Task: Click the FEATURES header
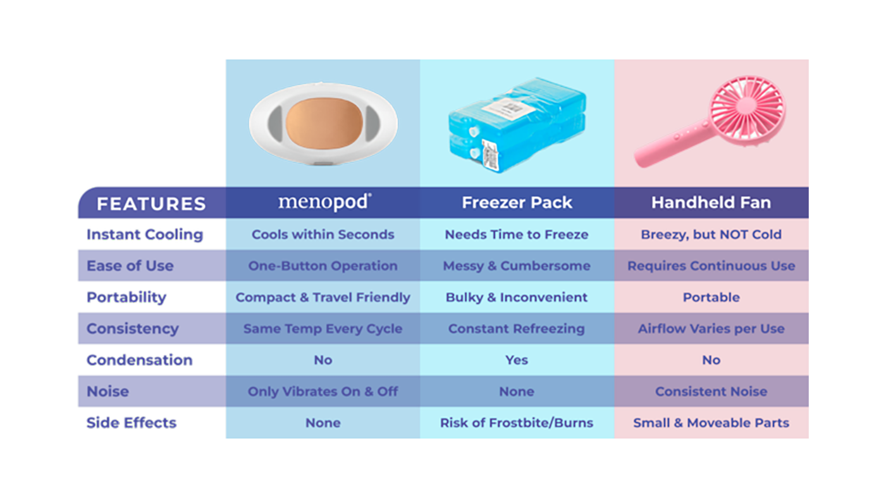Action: tap(151, 203)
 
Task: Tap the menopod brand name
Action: tap(324, 202)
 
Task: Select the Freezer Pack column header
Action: tap(517, 203)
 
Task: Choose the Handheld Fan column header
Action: tap(711, 203)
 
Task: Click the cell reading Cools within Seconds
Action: tap(323, 234)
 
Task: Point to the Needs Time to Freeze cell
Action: tap(517, 234)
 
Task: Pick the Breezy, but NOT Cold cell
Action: tap(711, 234)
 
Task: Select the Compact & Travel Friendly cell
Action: tap(323, 297)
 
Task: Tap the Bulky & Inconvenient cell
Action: tap(517, 297)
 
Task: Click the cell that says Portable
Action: tap(711, 297)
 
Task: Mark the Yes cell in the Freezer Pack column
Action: tap(517, 360)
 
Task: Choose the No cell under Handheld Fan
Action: tap(711, 360)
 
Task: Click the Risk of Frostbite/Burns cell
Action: tap(517, 423)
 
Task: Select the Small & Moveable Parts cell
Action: tap(711, 423)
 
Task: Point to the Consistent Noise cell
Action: tap(711, 391)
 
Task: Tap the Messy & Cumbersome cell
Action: tap(517, 266)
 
